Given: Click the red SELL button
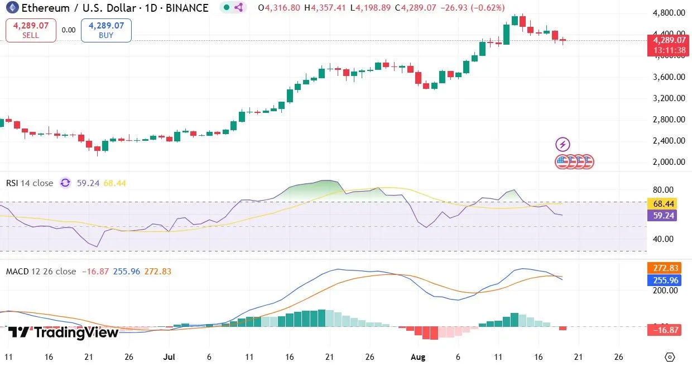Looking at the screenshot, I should click(31, 30).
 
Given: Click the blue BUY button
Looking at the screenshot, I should click(106, 30).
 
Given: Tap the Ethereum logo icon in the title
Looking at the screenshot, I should click(9, 8).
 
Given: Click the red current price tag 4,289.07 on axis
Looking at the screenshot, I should click(667, 40).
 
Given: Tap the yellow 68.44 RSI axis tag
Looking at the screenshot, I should click(661, 204).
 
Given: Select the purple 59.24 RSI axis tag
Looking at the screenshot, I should click(661, 215).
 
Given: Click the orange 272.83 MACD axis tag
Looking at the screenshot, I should click(661, 268).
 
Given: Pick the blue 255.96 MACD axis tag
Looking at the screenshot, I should click(661, 280).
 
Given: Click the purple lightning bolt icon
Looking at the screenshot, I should click(563, 145).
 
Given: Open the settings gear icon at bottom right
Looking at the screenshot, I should click(670, 357).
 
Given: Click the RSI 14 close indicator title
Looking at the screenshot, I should click(30, 183).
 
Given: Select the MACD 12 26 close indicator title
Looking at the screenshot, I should click(41, 272).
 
